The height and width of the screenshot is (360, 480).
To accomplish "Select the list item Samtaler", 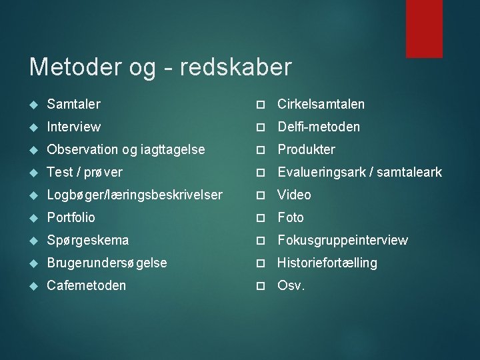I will [x=73, y=104].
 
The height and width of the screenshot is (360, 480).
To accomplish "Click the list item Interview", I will [x=73, y=127].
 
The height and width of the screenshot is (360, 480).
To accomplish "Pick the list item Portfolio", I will [x=71, y=217].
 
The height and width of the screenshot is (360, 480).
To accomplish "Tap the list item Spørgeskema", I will [x=87, y=240].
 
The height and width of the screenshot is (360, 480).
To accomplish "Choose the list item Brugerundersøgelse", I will [x=107, y=263].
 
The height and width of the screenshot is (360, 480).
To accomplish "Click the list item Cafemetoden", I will [x=86, y=285].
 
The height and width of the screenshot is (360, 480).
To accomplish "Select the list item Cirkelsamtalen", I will [x=321, y=104].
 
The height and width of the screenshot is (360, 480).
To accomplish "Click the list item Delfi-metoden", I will [x=318, y=127].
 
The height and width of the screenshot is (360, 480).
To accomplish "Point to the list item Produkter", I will [x=306, y=149].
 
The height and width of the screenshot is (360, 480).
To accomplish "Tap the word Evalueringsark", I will [x=321, y=172].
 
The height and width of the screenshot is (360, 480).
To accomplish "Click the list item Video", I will [x=294, y=195].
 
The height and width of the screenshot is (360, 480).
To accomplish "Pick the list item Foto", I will [x=290, y=217].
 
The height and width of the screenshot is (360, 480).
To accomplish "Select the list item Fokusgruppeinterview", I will [x=342, y=240].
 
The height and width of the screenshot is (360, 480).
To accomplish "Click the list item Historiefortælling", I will [x=327, y=263].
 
